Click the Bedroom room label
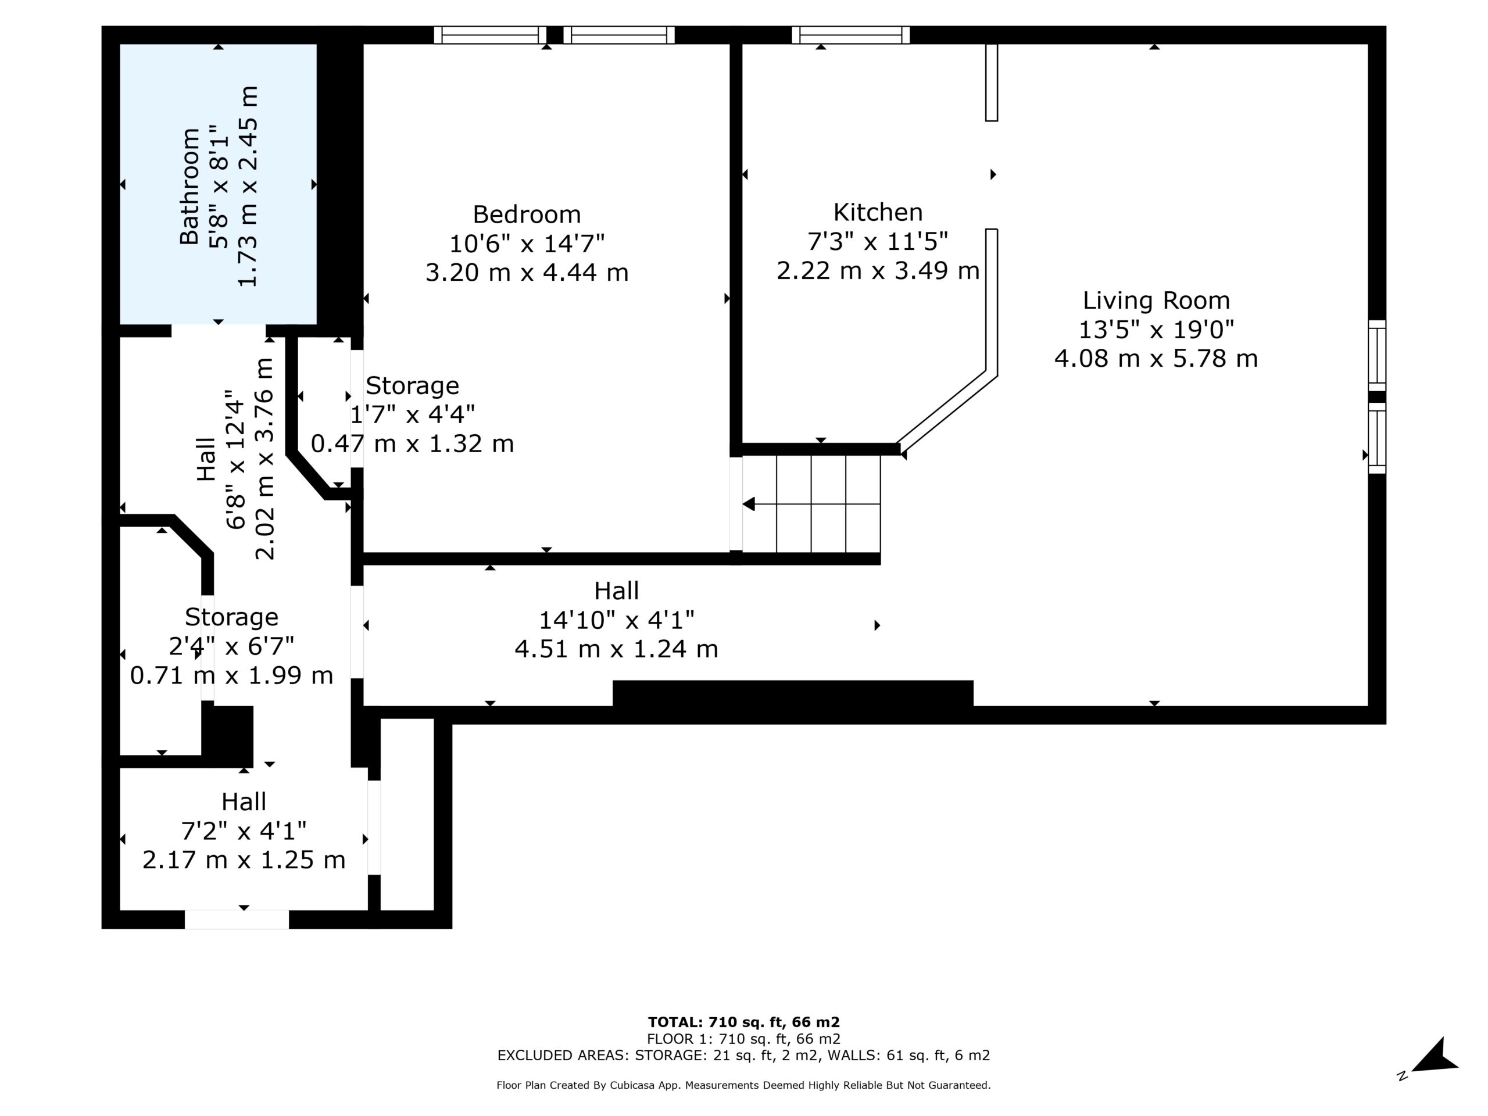coord(527,214)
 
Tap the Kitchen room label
coord(878,213)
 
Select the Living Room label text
coord(1156,301)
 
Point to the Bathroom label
coord(189,185)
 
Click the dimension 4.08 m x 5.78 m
coord(1156,359)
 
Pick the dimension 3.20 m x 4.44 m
coord(527,273)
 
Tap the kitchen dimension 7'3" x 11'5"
coord(877,241)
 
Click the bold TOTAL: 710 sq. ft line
coord(743,1022)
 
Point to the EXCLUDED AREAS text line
coord(743,1055)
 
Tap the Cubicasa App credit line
coord(743,1085)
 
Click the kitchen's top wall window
coord(851,35)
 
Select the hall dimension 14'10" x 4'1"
coord(616,620)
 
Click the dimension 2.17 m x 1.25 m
coord(244,860)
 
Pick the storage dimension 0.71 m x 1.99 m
coord(231,675)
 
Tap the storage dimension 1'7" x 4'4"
coord(412,414)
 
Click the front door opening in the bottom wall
coord(237,920)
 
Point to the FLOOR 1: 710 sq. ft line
coord(743,1039)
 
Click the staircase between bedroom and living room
coord(811,504)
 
